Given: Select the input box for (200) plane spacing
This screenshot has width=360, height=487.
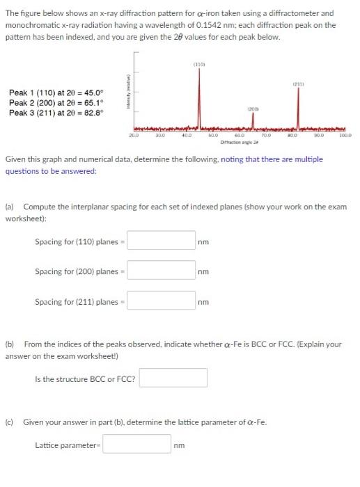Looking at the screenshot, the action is [x=161, y=271].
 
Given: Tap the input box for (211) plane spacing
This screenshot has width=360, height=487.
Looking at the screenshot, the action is [x=161, y=301].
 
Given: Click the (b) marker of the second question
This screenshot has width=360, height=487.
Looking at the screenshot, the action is [x=10, y=344].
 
